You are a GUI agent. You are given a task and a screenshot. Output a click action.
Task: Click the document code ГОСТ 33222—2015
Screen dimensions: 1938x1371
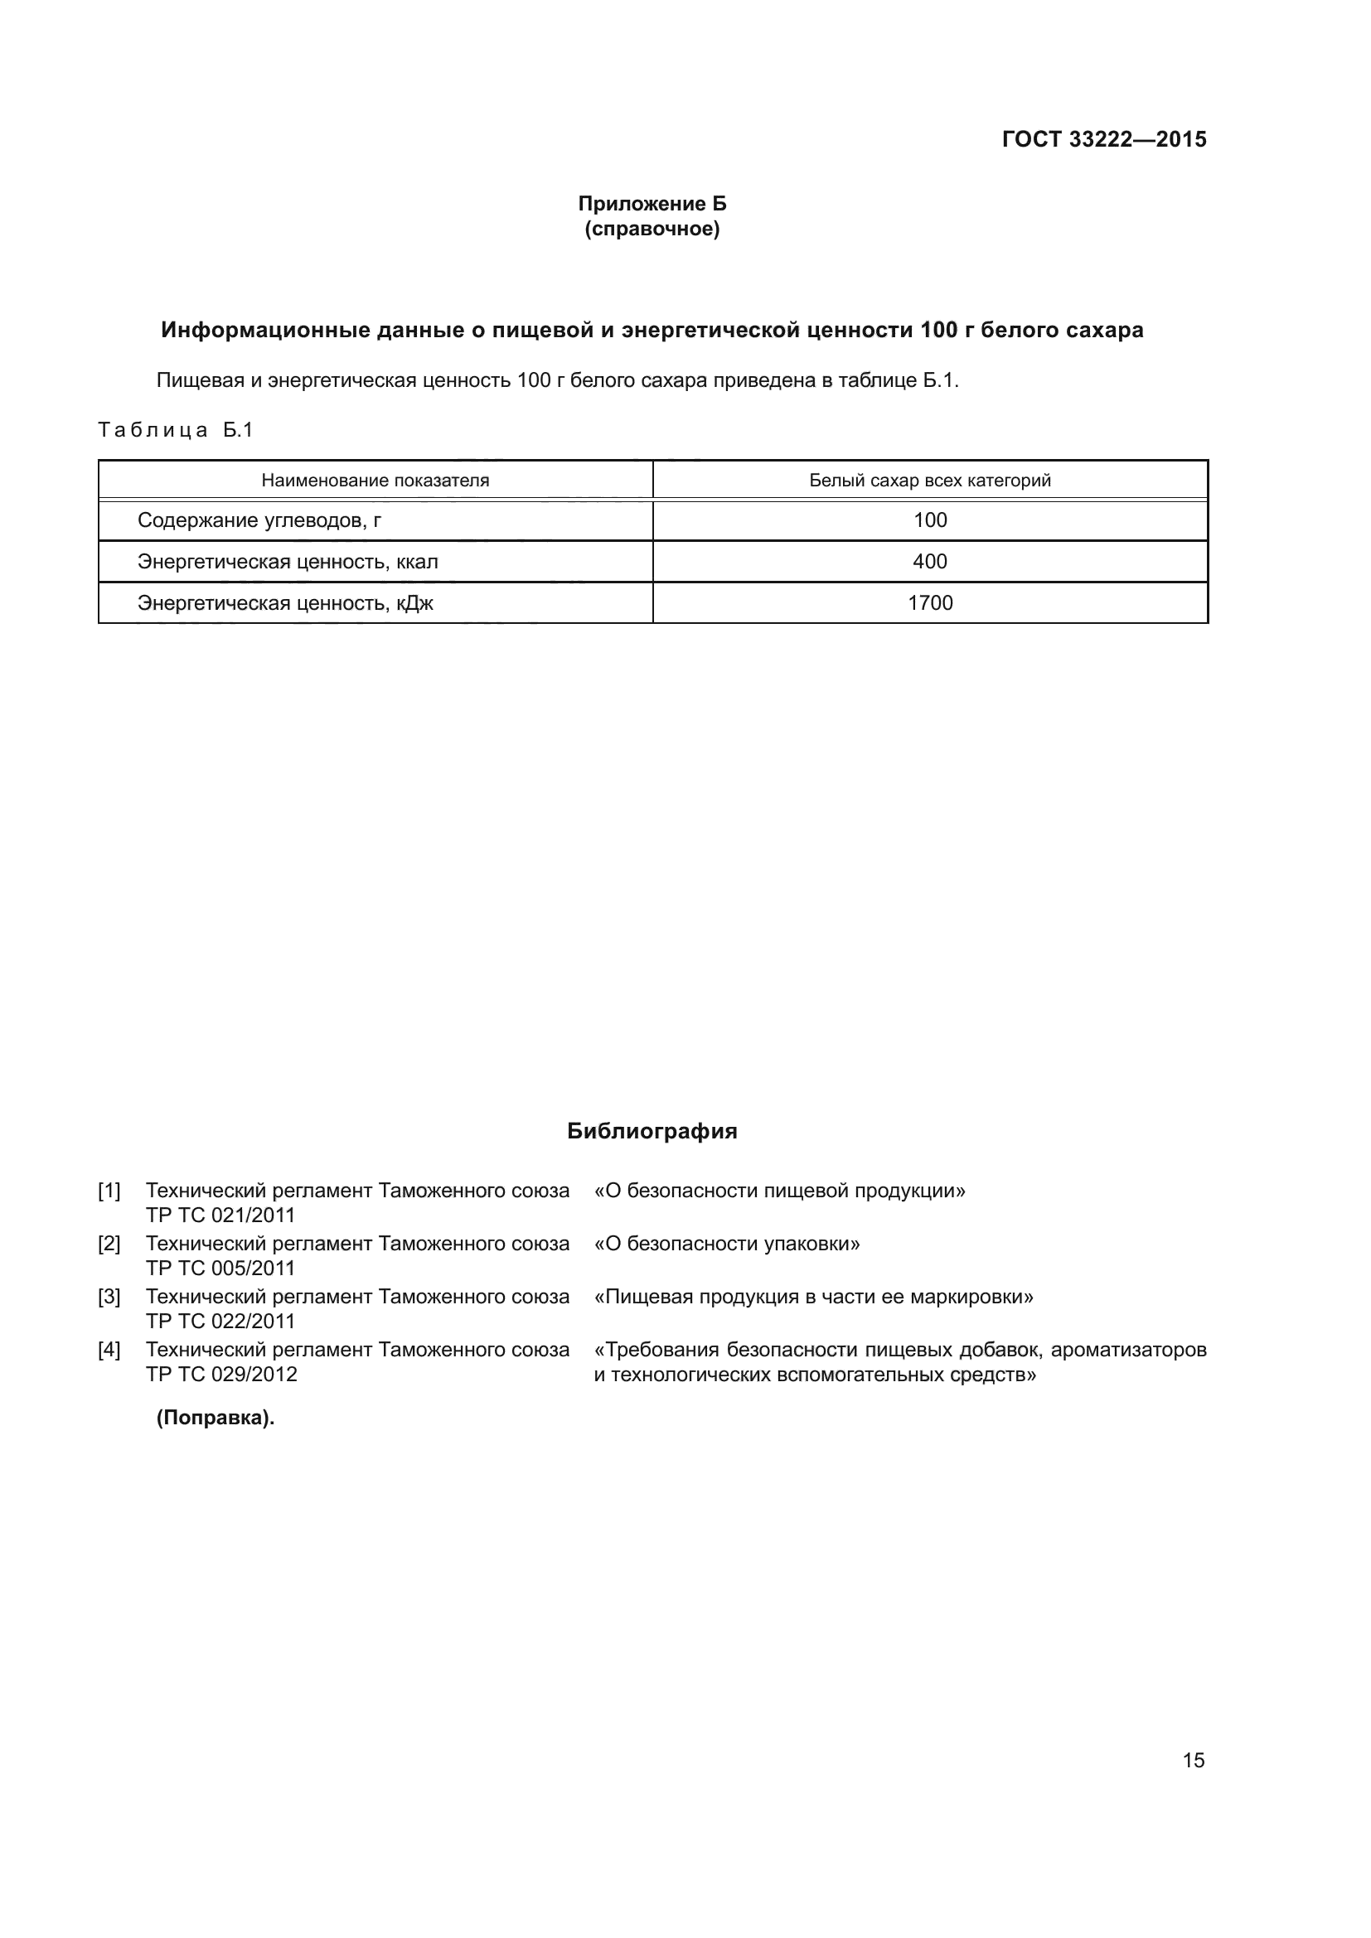[x=1103, y=139]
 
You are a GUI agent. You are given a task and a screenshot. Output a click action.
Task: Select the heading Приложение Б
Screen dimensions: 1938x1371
[x=652, y=204]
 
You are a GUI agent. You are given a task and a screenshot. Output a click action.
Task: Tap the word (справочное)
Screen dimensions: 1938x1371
[x=652, y=229]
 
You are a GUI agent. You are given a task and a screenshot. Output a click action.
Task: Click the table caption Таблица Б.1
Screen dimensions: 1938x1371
[x=176, y=430]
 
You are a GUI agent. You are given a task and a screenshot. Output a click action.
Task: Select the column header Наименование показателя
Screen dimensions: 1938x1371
[x=375, y=481]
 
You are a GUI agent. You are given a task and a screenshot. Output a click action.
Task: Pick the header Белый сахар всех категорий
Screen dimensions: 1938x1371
[x=929, y=481]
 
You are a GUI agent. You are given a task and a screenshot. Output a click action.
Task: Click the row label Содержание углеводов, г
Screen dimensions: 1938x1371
[x=259, y=520]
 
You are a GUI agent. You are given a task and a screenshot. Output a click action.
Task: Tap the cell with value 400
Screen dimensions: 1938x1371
[x=929, y=561]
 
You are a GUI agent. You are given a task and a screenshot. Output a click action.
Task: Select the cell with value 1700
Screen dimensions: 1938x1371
[x=929, y=602]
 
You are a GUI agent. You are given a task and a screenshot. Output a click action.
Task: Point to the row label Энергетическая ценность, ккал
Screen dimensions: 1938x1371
[x=288, y=561]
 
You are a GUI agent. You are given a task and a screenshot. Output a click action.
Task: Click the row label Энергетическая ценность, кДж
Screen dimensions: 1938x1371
[x=285, y=602]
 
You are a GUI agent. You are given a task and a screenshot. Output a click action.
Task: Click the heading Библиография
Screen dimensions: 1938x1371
[x=652, y=1131]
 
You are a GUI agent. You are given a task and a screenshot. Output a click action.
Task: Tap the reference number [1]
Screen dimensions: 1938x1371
[x=109, y=1191]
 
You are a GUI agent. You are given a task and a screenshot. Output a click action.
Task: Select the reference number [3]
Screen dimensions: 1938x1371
[x=109, y=1297]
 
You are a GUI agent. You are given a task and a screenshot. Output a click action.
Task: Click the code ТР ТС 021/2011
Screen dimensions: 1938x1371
[x=220, y=1215]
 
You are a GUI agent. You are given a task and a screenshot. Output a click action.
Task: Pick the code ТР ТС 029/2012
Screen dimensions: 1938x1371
[x=221, y=1374]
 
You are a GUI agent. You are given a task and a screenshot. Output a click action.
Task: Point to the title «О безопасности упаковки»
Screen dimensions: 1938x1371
[x=727, y=1244]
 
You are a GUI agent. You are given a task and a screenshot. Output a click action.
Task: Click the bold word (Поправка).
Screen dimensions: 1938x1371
[x=216, y=1418]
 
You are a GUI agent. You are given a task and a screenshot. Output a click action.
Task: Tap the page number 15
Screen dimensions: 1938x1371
[x=1193, y=1760]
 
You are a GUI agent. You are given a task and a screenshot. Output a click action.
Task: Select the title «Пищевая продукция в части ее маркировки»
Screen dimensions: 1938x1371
[x=813, y=1297]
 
